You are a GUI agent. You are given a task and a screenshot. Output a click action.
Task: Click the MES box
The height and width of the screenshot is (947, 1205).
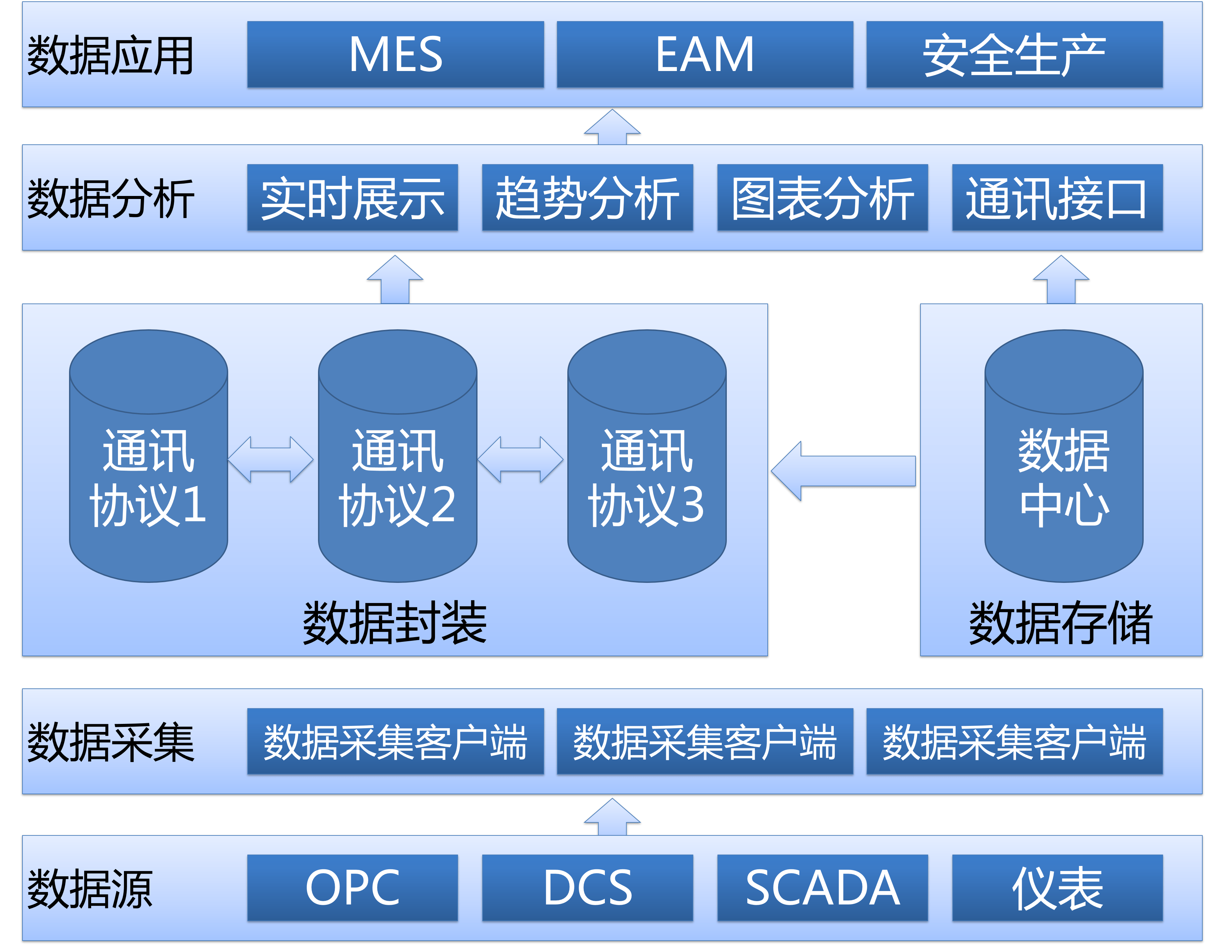click(395, 54)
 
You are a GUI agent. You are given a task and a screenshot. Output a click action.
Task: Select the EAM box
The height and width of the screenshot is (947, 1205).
click(705, 54)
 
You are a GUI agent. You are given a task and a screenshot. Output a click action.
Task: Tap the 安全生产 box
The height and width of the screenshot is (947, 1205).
click(1014, 54)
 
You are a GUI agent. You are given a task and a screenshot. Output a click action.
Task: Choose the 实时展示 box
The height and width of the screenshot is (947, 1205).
click(353, 197)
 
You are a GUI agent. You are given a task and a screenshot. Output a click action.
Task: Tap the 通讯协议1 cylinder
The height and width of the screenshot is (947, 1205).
click(149, 477)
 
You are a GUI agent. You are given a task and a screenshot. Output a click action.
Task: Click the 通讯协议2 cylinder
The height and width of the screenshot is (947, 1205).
click(398, 477)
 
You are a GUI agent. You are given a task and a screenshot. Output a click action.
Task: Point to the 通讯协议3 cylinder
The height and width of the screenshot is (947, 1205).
click(647, 477)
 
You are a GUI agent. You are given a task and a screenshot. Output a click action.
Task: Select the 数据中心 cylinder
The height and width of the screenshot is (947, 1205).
click(1064, 477)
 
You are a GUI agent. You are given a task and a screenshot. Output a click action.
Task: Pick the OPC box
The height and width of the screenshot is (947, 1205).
click(353, 888)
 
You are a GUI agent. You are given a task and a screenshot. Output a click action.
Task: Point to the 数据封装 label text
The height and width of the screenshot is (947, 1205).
click(394, 623)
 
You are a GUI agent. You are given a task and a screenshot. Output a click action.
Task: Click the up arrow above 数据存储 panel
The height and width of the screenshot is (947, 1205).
click(1061, 280)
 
